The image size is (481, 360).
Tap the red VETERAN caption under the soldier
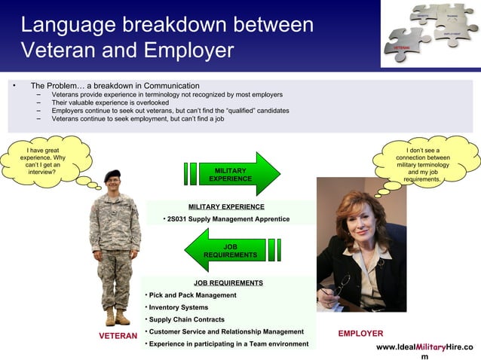[x=118, y=336]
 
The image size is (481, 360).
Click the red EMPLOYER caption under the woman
[x=360, y=334]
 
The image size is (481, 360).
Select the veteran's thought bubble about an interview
[x=44, y=159]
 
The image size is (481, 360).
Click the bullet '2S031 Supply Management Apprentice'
[x=227, y=219]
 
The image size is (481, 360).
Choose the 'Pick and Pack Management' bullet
[x=192, y=295]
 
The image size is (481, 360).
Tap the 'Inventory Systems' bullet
[x=178, y=307]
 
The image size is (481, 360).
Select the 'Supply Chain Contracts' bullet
[x=187, y=319]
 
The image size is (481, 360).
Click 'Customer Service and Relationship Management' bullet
[x=225, y=332]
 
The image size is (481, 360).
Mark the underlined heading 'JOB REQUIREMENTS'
[x=228, y=283]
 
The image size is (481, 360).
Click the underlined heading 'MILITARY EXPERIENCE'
[x=226, y=206]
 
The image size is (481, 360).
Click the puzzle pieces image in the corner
[x=429, y=33]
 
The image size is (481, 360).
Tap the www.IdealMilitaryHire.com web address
[x=424, y=347]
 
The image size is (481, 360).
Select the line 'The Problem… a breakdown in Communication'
[x=115, y=86]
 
